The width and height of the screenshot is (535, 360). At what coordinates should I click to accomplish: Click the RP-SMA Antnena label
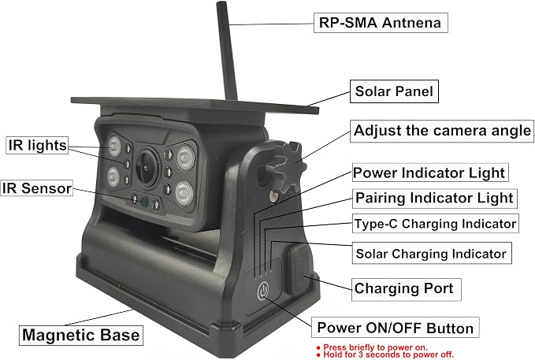tap(381, 23)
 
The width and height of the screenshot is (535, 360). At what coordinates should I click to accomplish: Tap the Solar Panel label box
tap(394, 91)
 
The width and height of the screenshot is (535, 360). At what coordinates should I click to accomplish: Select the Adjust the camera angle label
tap(442, 131)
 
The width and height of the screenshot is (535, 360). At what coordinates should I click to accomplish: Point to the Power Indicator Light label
tap(430, 173)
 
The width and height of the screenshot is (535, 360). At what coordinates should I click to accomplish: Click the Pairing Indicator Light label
tap(435, 199)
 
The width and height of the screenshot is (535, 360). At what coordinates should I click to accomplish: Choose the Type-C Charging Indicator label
tap(436, 224)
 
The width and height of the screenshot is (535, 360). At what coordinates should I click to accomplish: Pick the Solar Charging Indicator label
tap(432, 253)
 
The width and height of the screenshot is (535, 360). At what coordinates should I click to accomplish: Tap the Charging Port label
tap(406, 289)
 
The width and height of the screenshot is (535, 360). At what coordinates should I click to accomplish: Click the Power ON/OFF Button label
tap(395, 328)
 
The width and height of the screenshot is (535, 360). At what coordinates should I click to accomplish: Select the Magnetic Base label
tap(81, 335)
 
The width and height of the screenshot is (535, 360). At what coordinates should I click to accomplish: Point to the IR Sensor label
tap(36, 188)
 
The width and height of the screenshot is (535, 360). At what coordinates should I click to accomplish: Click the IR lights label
tap(37, 145)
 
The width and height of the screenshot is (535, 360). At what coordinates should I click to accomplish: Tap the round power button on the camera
tap(262, 291)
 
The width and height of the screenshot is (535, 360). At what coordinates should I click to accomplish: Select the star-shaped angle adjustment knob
tap(286, 167)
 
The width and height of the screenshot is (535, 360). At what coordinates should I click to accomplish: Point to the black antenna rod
tap(227, 51)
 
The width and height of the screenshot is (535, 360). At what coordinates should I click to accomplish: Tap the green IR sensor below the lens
tap(144, 202)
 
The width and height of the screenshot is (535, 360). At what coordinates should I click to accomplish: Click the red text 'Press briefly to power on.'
tap(372, 347)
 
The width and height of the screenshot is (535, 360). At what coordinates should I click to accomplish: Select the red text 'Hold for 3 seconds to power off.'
tap(385, 355)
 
